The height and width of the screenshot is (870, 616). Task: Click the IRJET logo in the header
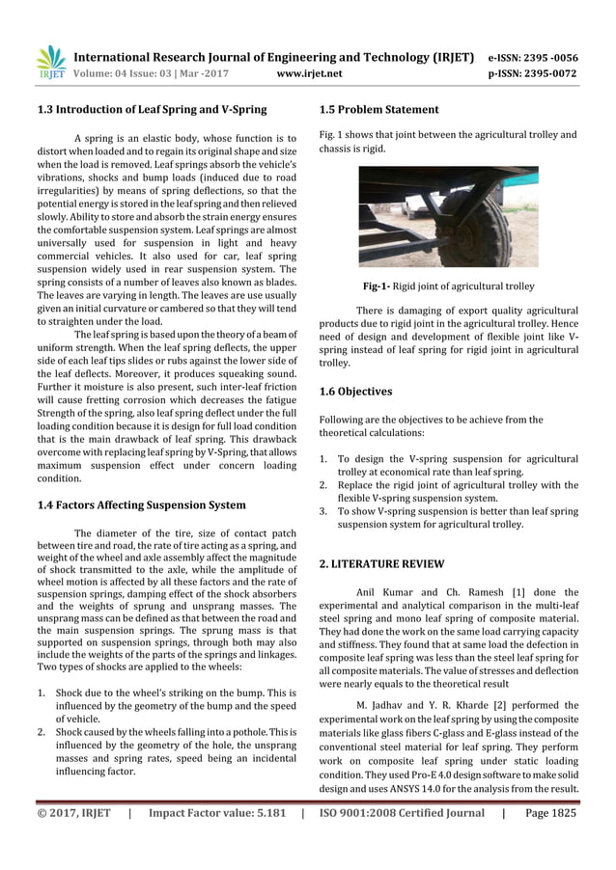click(50, 62)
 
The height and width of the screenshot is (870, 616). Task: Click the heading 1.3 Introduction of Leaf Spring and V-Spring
click(153, 110)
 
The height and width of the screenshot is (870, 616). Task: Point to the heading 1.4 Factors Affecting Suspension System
click(140, 504)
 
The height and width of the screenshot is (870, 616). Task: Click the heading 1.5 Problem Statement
click(378, 110)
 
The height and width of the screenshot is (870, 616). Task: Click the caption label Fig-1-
click(379, 286)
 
